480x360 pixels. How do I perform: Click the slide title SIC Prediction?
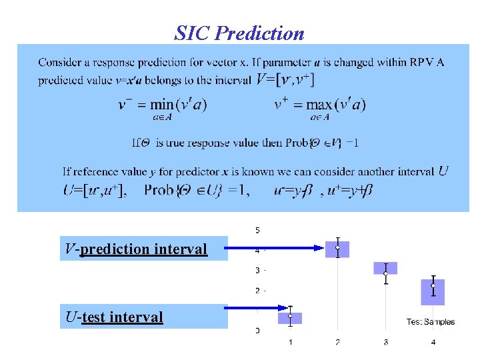pyautogui.click(x=239, y=33)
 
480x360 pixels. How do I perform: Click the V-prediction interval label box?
pyautogui.click(x=143, y=249)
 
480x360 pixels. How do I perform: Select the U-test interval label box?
pyautogui.click(x=143, y=317)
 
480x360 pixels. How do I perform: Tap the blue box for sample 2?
pyautogui.click(x=337, y=249)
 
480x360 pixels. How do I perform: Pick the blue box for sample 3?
pyautogui.click(x=385, y=268)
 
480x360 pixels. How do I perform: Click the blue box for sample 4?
pyautogui.click(x=433, y=291)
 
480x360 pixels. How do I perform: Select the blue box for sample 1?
pyautogui.click(x=290, y=318)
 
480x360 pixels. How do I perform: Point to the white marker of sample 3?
pyautogui.click(x=385, y=273)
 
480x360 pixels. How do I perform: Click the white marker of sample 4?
pyautogui.click(x=433, y=285)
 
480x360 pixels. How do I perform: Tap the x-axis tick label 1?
pyautogui.click(x=290, y=343)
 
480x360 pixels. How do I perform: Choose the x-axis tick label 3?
pyautogui.click(x=385, y=343)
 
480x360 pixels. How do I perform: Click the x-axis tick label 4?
pyautogui.click(x=433, y=343)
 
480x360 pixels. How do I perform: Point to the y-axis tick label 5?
pyautogui.click(x=258, y=230)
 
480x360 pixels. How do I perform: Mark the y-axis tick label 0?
pyautogui.click(x=258, y=331)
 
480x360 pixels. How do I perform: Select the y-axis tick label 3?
pyautogui.click(x=258, y=270)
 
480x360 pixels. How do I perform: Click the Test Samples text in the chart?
pyautogui.click(x=431, y=322)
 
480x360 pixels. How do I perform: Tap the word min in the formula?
pyautogui.click(x=161, y=105)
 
